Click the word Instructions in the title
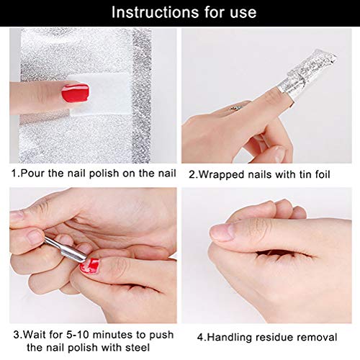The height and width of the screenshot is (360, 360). point(156,12)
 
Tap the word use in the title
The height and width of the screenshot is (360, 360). point(243,12)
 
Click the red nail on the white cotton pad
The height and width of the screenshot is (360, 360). point(76,93)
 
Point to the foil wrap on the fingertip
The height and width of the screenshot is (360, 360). point(307,73)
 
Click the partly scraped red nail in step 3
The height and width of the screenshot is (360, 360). point(89,266)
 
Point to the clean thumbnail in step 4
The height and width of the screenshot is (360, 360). point(222,232)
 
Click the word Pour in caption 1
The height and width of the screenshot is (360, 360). point(33,174)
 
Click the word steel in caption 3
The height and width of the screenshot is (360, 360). point(138,348)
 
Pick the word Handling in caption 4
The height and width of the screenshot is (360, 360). point(229,338)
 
